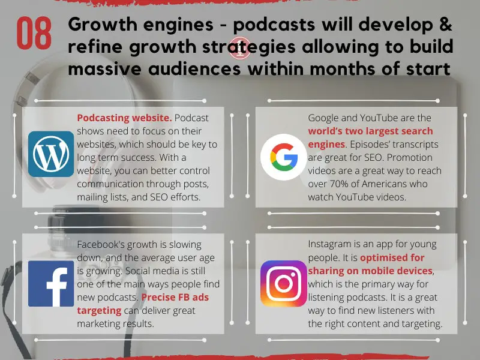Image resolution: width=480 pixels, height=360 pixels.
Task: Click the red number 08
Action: pyautogui.click(x=34, y=33)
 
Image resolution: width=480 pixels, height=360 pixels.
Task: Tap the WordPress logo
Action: pyautogui.click(x=51, y=154)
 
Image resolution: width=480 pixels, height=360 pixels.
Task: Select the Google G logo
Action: pyautogui.click(x=283, y=157)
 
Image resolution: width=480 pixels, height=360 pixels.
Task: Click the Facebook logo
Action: pyautogui.click(x=51, y=283)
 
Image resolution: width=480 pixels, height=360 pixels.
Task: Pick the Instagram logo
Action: pyautogui.click(x=283, y=283)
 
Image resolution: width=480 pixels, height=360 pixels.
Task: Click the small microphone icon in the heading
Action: pyautogui.click(x=240, y=48)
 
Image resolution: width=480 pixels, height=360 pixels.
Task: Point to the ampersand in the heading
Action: pyautogui.click(x=445, y=24)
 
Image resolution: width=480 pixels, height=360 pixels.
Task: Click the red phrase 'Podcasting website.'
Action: pyautogui.click(x=124, y=118)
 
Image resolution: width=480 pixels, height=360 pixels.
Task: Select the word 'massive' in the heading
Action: pyautogui.click(x=104, y=68)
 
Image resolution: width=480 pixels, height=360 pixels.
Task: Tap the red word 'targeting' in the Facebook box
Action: pyautogui.click(x=99, y=311)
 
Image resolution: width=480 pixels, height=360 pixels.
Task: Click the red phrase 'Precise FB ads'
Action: pyautogui.click(x=175, y=297)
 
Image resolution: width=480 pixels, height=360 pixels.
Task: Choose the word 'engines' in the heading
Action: pyautogui.click(x=178, y=25)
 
